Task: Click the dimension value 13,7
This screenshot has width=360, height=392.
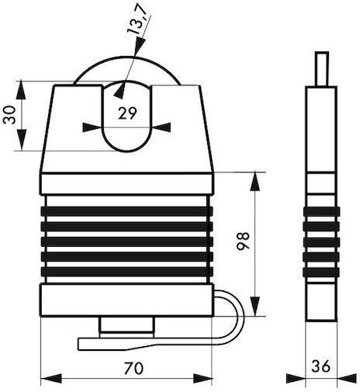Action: tap(137, 19)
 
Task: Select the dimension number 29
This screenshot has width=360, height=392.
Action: tap(127, 113)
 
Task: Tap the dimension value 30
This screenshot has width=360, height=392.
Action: tap(9, 116)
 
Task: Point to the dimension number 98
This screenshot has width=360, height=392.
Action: tap(243, 241)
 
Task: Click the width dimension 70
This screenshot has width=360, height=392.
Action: tap(133, 368)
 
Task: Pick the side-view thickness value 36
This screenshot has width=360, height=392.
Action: tap(320, 366)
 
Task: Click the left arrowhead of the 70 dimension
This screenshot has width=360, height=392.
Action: tap(51, 378)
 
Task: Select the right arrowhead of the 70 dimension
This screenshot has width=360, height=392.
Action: tap(202, 378)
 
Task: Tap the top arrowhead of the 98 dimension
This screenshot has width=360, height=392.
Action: tap(255, 182)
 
